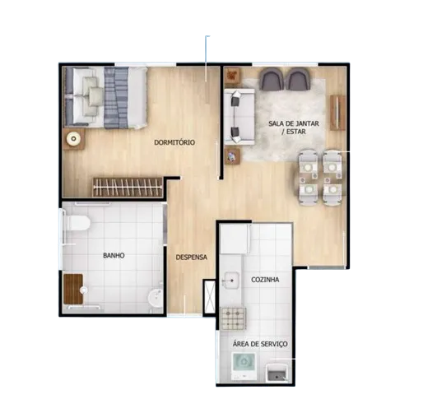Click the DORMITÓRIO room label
[174, 142]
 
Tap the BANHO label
[114, 256]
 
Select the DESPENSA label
[192, 257]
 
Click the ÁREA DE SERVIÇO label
[260, 344]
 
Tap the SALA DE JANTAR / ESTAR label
[294, 128]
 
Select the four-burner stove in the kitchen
[234, 318]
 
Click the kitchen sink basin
[230, 281]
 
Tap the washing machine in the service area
[244, 366]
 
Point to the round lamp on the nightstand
[73, 139]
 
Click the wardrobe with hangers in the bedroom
[128, 187]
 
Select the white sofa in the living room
[239, 117]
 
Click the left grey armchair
[272, 79]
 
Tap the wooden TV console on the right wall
[337, 113]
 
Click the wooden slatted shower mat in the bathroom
[73, 289]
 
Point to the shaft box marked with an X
[210, 297]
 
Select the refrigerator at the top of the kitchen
[235, 239]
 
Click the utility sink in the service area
[277, 373]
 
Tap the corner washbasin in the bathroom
[156, 299]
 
